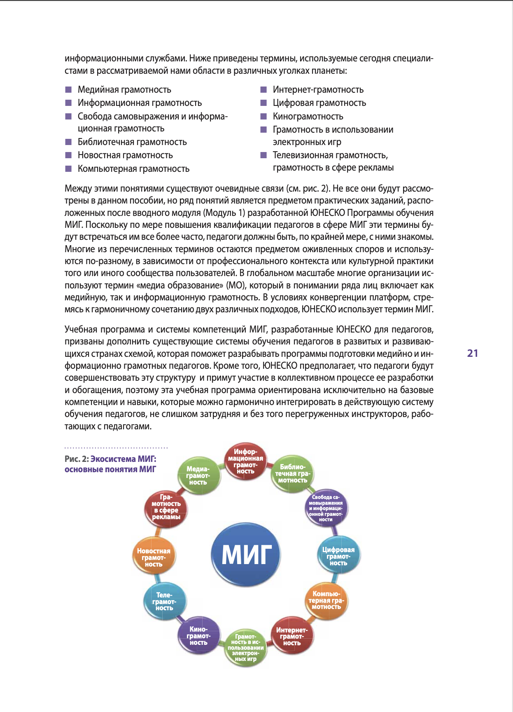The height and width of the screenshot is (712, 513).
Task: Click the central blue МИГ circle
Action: pos(246,554)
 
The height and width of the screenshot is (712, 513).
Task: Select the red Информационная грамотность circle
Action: pos(245,461)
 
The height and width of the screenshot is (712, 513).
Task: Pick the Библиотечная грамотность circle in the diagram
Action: pos(293,473)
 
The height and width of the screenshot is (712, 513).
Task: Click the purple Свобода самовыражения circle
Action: pos(326,508)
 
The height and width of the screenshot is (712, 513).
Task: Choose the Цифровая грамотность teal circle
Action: pos(338,556)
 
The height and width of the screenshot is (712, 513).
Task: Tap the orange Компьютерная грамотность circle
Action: pos(326,600)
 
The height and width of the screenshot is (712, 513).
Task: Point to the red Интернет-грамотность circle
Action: pos(292,636)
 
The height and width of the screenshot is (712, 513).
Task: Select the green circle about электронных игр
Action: pos(246,648)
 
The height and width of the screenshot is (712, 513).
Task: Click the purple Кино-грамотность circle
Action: pos(198,636)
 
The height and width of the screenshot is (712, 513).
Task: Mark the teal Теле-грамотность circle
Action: pos(164,602)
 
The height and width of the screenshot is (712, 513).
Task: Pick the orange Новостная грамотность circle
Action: pos(154,557)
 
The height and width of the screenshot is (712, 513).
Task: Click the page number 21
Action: pos(472,353)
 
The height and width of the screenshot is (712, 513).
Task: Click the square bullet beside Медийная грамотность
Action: pos(68,90)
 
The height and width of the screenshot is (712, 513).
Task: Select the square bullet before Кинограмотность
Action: pos(263,117)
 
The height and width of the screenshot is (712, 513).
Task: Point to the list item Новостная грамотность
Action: pos(125,155)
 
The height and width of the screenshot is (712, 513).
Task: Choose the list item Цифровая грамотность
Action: pos(319,103)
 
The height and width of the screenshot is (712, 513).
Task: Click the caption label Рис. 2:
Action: pos(77,459)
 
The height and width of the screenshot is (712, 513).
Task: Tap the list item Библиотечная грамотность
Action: pos(132,142)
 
